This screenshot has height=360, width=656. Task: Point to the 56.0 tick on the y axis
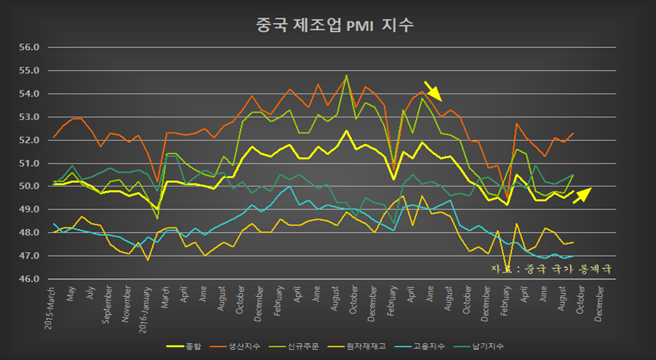[28, 47]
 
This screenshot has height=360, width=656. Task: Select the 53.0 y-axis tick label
[28, 116]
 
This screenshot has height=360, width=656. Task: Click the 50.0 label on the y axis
[28, 186]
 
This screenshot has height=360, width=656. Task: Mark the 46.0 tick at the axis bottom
[28, 279]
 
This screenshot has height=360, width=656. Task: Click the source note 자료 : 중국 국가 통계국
[551, 269]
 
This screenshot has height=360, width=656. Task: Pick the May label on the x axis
[72, 293]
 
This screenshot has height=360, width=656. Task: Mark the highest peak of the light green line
[346, 75]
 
